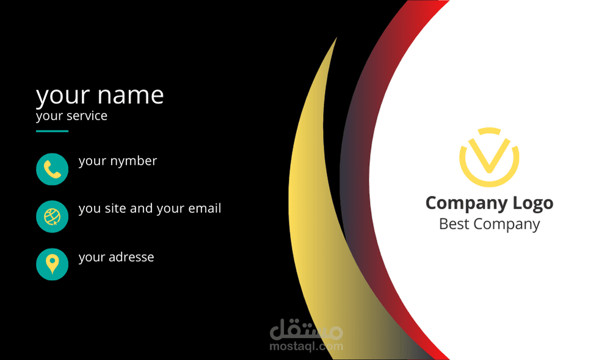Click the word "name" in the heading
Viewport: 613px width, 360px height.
pyautogui.click(x=131, y=96)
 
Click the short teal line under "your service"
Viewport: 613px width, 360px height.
pyautogui.click(x=52, y=131)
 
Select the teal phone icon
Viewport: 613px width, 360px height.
pyautogui.click(x=52, y=169)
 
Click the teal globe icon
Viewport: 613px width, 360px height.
pyautogui.click(x=52, y=216)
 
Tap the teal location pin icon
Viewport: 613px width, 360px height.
pyautogui.click(x=52, y=264)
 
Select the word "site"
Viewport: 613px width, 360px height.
pyautogui.click(x=115, y=209)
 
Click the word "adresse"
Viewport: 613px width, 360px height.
pyautogui.click(x=131, y=257)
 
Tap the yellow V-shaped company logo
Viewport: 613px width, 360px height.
pyautogui.click(x=488, y=157)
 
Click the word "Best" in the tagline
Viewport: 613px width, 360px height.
pyautogui.click(x=454, y=224)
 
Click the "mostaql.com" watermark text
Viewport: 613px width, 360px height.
pyautogui.click(x=306, y=347)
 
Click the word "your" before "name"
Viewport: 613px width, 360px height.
pyautogui.click(x=63, y=96)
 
